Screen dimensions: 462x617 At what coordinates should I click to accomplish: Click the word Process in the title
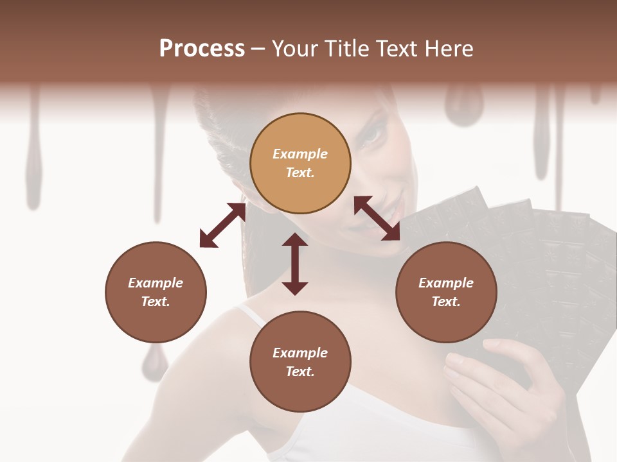[x=202, y=49]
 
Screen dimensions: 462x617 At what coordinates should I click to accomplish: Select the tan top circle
[x=300, y=163]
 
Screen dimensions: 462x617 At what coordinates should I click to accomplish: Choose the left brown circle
[x=156, y=292]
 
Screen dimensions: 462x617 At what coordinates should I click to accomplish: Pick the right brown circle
[x=446, y=292]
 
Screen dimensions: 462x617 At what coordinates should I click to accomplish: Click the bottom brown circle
[x=300, y=362]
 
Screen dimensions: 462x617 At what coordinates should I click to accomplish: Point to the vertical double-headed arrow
[x=295, y=264]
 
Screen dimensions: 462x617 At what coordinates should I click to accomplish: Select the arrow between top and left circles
[x=222, y=225]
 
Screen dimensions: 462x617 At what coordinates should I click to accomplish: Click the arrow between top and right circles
[x=377, y=219]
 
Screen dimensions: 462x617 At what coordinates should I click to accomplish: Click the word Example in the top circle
[x=300, y=154]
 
